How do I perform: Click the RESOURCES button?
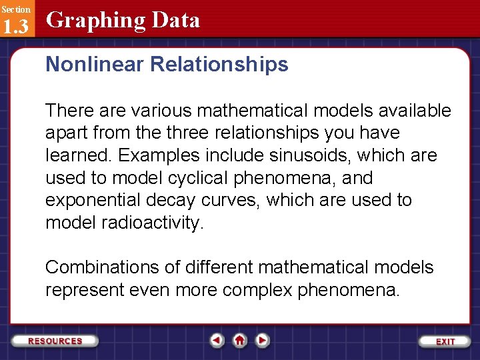55,341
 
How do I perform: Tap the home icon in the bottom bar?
240,340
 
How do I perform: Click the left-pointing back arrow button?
217,340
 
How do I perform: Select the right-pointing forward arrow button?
263,340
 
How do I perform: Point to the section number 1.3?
15,27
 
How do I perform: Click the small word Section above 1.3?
15,9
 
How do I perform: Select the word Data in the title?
175,20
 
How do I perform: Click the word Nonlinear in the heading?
95,64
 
